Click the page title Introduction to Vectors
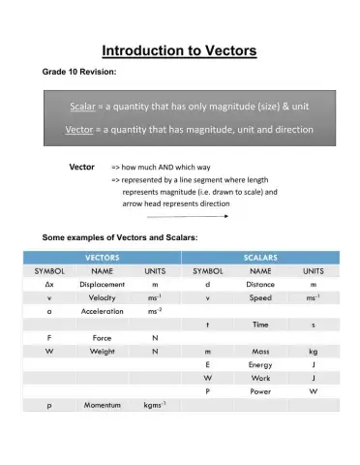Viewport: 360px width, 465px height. point(179,50)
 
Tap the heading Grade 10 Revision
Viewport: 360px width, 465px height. point(79,73)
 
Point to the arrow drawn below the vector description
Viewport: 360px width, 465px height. point(188,216)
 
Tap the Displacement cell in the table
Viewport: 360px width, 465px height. point(102,286)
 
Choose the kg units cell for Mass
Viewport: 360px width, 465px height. point(313,350)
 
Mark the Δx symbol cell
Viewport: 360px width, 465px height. point(48,286)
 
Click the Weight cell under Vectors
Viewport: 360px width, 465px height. point(102,350)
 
